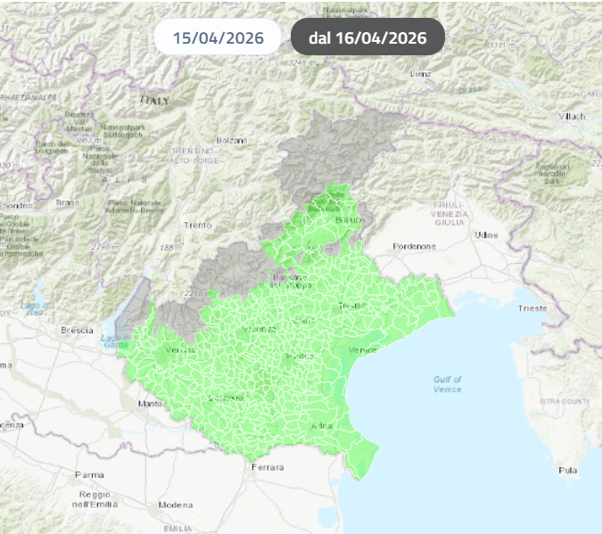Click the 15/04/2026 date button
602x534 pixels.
pos(217,37)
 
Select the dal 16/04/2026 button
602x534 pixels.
pos(367,37)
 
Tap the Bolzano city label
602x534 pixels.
pos(230,141)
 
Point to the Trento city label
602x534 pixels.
pos(196,225)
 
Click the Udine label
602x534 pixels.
pos(486,234)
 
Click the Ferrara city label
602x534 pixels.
pos(268,467)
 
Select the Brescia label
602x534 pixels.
pos(77,330)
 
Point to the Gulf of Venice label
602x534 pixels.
pos(447,384)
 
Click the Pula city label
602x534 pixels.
pos(567,470)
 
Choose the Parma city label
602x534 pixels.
pos(89,474)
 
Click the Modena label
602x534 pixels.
pos(175,505)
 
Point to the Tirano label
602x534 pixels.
pos(67,202)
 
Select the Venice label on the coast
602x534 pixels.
pos(363,349)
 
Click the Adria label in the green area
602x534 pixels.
pos(321,427)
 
